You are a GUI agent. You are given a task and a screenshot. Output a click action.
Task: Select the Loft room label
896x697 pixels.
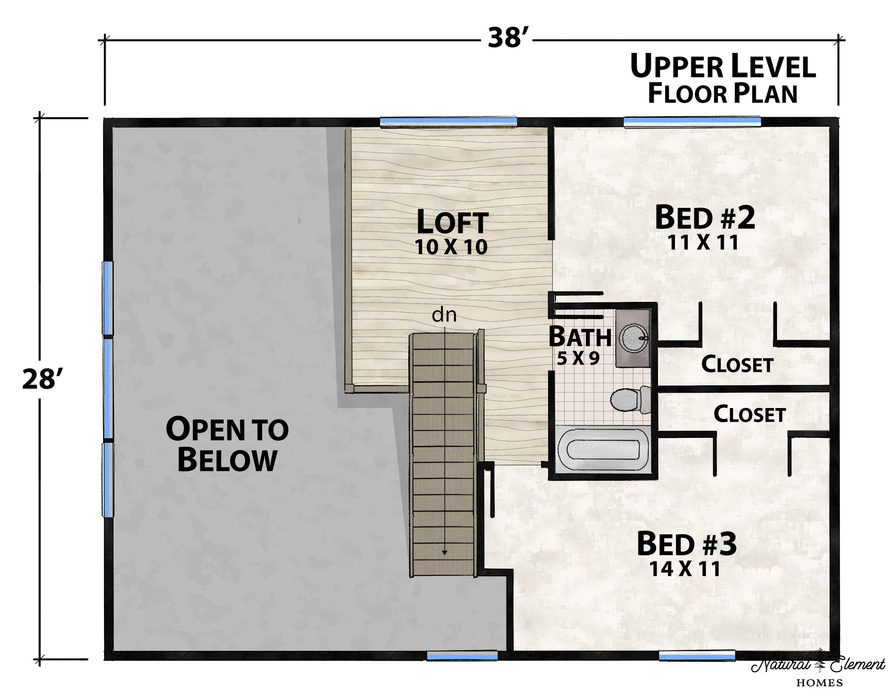453,222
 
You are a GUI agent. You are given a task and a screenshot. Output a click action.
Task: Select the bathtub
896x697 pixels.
603,451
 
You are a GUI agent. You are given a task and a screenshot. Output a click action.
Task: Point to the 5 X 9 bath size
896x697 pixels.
579,358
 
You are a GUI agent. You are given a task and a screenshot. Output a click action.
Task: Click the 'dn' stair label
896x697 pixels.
444,315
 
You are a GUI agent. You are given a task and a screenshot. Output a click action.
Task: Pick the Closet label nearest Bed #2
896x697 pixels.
737,365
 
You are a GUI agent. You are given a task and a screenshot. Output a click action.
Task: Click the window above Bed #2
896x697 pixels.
692,122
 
